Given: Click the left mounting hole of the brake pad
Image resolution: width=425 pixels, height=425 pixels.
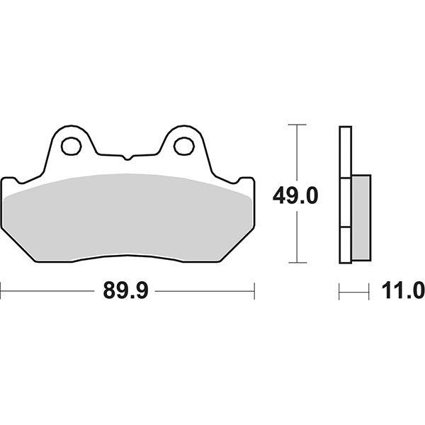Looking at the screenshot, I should (70, 147).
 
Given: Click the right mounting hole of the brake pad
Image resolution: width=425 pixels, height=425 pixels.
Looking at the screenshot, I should (183, 147).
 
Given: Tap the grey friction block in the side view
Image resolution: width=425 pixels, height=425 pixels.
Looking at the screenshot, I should (360, 217).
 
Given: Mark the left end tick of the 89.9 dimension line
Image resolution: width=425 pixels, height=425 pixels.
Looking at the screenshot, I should (1, 290).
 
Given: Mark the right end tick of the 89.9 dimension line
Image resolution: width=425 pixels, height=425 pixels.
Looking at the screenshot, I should (254, 290).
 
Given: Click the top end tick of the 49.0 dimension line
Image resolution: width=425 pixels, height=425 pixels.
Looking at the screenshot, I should (296, 125).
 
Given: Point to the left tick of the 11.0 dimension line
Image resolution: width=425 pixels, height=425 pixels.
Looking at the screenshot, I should (339, 290).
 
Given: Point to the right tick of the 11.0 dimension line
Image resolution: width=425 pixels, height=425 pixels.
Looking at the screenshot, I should (369, 290).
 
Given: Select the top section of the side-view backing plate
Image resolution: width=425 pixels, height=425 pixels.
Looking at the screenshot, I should (345, 152).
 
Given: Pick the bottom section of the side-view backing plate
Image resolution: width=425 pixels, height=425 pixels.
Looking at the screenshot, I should (345, 245).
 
